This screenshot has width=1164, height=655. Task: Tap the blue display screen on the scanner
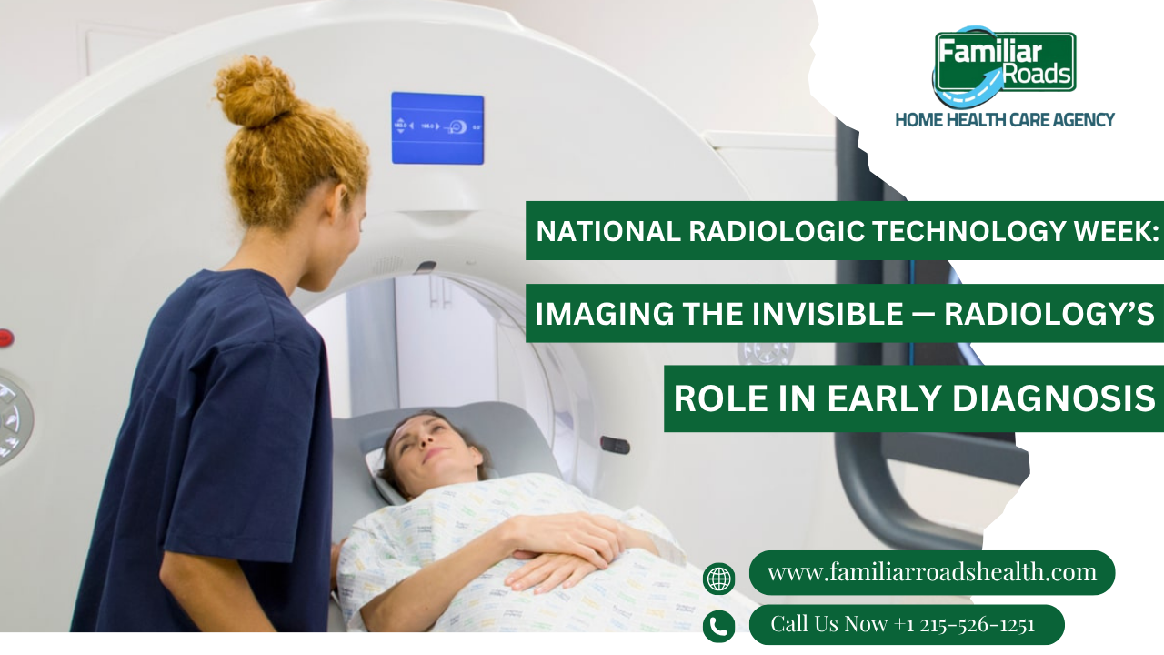(x=437, y=128)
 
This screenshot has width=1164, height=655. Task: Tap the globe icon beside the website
(x=718, y=579)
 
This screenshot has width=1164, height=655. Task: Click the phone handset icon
(x=718, y=627)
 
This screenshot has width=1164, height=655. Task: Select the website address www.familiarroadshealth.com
(x=932, y=572)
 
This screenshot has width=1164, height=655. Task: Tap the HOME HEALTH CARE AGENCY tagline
(x=1005, y=120)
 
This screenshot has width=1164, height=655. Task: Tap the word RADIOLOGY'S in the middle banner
(x=1049, y=314)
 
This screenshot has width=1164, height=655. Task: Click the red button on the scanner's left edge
(x=5, y=338)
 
